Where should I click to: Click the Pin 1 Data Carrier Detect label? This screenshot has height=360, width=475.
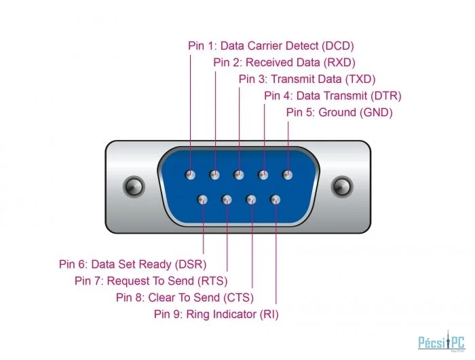coord(271,46)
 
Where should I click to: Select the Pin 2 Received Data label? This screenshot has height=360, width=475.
coord(284,62)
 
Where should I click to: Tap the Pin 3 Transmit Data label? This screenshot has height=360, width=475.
coord(307,79)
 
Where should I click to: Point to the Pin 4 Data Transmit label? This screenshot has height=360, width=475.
coord(332,96)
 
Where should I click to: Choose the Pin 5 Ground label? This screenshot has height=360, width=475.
coord(339,113)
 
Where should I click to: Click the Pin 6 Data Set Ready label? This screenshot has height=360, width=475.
coord(133,264)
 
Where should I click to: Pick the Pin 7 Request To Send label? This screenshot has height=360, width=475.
coord(151,281)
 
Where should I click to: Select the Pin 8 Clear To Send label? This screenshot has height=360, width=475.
coord(185,298)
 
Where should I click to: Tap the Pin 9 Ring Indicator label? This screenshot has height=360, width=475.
coord(216,314)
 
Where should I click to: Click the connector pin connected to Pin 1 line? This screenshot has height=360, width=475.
coord(190,175)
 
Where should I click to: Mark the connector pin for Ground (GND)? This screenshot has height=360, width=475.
coord(288,175)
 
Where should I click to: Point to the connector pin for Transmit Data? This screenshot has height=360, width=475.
coord(239,175)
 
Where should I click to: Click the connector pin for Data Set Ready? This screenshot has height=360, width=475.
coord(202,200)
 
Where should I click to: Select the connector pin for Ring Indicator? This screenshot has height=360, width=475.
coord(275,200)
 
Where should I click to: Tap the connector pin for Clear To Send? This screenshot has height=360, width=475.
coord(251,200)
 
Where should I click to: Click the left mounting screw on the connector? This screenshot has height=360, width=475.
coord(134,187)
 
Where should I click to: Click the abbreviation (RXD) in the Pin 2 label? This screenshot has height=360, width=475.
coord(339,62)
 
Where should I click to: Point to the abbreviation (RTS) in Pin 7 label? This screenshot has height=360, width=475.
coord(212,281)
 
